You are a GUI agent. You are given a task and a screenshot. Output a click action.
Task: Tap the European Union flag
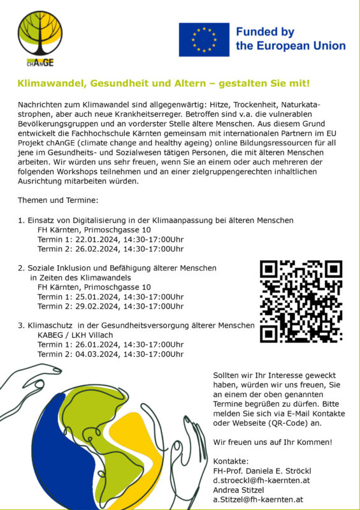204,40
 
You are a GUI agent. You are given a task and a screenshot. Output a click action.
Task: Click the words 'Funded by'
264,32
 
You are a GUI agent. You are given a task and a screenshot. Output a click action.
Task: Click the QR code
301,300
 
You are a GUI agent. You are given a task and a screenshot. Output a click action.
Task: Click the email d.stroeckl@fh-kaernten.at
261,479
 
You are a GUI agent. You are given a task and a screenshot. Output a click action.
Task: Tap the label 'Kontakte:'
231,460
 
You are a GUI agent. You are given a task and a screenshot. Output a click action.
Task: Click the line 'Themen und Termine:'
58,201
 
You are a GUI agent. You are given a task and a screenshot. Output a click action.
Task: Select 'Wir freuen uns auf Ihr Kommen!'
273,441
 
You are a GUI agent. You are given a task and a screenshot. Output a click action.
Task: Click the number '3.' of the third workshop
21,325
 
